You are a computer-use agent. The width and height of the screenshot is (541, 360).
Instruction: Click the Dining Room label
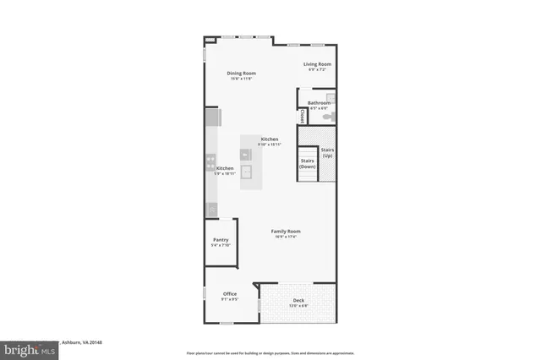pos(241,74)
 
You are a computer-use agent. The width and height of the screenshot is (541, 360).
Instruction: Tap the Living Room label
pos(318,63)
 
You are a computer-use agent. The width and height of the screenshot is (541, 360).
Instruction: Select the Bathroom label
pos(319,103)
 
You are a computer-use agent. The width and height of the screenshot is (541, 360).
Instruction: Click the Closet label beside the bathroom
pos(302,117)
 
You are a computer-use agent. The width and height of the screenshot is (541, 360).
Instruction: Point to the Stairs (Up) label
pos(327,152)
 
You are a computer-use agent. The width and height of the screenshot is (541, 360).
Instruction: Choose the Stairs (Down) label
pos(307,163)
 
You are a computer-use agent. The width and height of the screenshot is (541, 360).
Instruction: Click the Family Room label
pos(286,231)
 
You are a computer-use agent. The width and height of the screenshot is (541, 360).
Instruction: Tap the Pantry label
pos(221,241)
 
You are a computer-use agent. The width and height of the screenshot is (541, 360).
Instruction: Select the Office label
pos(230,293)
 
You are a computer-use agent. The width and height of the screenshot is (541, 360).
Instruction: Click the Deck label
pos(298,300)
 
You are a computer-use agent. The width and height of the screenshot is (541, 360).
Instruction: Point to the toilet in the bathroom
pos(332,116)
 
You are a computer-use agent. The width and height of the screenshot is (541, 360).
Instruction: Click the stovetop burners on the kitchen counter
pos(210,162)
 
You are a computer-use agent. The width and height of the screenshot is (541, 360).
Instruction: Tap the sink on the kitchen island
pos(247,173)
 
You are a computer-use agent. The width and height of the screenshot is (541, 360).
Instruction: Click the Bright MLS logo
pos(28,348)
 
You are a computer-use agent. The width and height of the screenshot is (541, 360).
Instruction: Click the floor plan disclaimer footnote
pos(270,352)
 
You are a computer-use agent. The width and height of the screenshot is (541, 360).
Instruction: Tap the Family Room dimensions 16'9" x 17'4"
pos(286,237)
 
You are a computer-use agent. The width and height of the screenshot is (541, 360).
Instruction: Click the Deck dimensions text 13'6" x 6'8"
pos(298,305)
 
